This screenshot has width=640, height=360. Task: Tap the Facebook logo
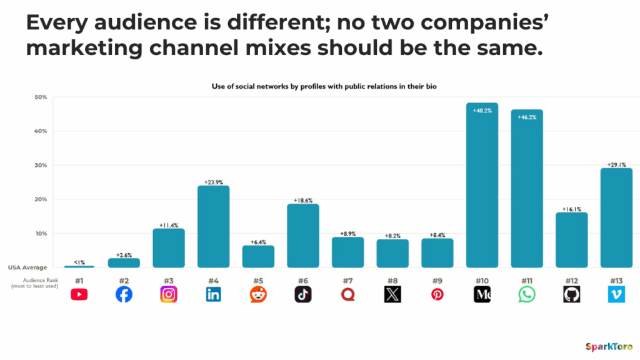tap(124, 294)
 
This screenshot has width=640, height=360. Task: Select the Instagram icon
tap(169, 294)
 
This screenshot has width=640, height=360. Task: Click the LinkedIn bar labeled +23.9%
tap(213, 226)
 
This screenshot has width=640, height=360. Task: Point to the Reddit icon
tap(258, 294)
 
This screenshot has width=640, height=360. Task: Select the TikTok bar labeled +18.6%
tap(303, 236)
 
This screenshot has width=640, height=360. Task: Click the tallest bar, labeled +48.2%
tap(482, 185)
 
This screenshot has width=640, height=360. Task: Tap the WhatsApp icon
tap(527, 294)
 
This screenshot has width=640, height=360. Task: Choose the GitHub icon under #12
tap(571, 294)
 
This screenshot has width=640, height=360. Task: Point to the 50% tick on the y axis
tap(41, 97)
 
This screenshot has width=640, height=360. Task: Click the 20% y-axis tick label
tap(41, 199)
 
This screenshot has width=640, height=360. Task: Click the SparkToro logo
tap(609, 347)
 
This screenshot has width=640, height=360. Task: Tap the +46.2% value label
tap(527, 117)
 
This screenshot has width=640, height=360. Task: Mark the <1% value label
tap(79, 262)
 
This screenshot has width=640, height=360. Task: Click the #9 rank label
tap(437, 281)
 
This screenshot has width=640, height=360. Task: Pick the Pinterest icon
tap(437, 294)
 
